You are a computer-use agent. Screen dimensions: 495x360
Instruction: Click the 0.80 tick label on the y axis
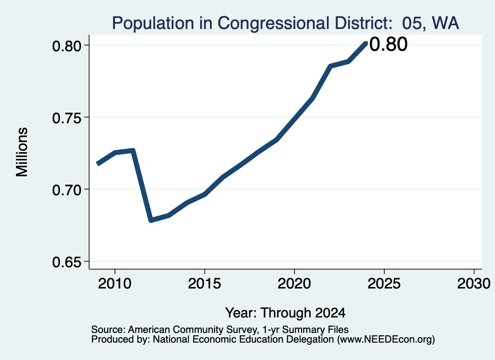point(67,46)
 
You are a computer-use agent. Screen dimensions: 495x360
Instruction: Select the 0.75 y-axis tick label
point(67,118)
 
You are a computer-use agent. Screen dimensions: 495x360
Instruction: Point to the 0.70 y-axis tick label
point(67,190)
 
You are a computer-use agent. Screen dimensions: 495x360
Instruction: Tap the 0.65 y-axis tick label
point(67,262)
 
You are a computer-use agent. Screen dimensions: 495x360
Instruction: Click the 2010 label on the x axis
point(115,283)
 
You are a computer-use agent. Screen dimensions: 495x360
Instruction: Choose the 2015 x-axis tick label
point(204,283)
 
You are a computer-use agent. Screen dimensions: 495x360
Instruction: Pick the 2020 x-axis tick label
point(294,283)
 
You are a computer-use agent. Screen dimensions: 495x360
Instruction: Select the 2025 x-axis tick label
point(384,283)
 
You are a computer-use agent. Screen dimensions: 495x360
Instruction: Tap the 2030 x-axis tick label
point(474,283)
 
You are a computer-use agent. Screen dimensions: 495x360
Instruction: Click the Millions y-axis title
point(22,152)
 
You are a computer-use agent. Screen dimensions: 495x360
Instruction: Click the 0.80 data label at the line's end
point(388,44)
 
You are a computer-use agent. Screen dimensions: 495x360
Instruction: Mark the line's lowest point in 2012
point(151,220)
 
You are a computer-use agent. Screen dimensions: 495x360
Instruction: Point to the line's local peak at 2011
point(133,150)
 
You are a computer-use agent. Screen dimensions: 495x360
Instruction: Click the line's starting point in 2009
point(97,164)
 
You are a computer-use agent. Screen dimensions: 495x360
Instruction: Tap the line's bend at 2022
point(330,66)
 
